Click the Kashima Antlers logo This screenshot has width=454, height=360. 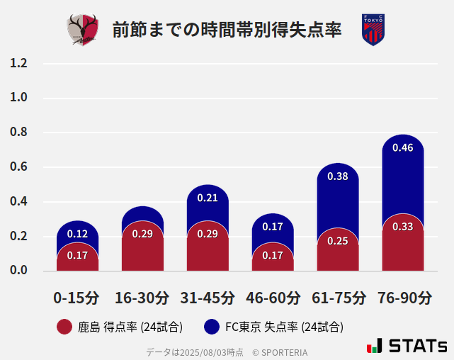(x=83, y=30)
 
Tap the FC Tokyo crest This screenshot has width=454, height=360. (x=373, y=30)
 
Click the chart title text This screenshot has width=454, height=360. (x=227, y=30)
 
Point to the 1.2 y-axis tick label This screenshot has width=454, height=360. (x=18, y=64)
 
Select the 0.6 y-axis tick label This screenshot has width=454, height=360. (x=18, y=167)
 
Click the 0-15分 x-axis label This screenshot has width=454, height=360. (x=77, y=298)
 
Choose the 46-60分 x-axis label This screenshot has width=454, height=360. (x=273, y=298)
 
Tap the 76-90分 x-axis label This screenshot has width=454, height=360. (x=404, y=298)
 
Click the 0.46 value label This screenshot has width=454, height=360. (x=402, y=148)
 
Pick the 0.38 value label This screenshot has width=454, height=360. (x=338, y=176)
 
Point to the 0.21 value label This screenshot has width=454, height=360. (x=208, y=198)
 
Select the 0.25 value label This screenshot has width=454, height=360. (x=338, y=241)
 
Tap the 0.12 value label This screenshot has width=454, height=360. (x=77, y=234)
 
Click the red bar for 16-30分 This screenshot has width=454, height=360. (x=142, y=248)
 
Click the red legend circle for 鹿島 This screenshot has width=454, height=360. (x=64, y=327)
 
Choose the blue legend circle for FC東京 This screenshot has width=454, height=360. (x=211, y=327)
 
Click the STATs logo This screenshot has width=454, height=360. (x=407, y=346)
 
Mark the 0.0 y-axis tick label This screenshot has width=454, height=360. (x=18, y=271)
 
